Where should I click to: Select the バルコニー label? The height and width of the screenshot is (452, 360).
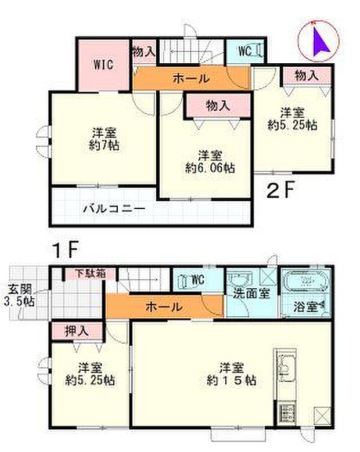pos(113,208)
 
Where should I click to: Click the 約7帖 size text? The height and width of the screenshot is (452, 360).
pos(105,146)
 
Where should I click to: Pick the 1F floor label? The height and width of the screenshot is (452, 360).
pos(66,251)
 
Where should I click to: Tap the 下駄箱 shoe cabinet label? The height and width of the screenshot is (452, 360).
pos(92,274)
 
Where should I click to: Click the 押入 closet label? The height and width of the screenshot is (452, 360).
pos(77,331)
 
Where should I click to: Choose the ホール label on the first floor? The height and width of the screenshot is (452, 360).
pos(164,306)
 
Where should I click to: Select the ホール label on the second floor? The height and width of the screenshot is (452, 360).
pos(191,78)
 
